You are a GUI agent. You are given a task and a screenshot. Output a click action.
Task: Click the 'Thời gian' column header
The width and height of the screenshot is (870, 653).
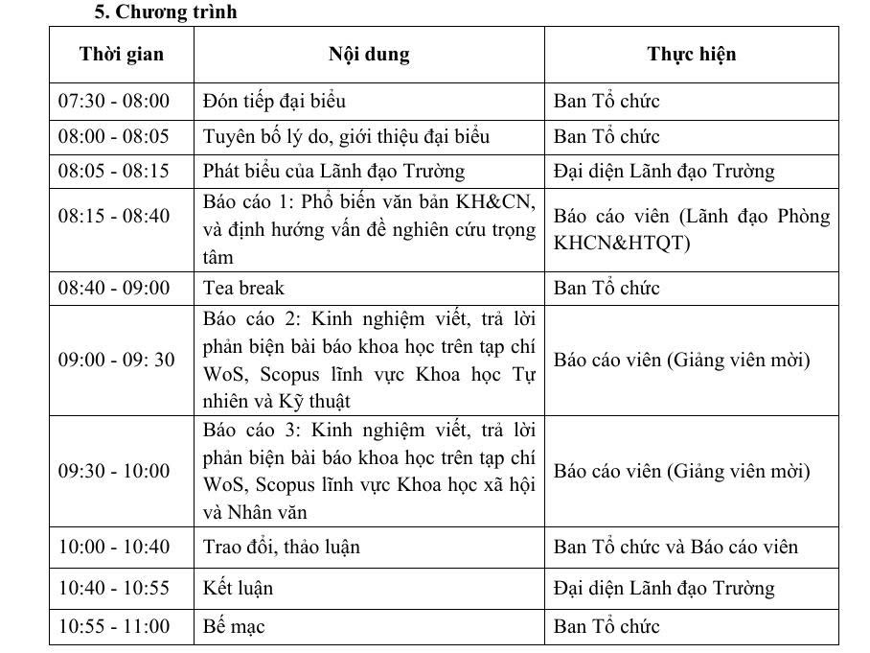pos(122,54)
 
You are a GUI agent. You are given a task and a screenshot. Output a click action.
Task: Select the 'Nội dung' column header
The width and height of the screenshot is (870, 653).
pos(369,54)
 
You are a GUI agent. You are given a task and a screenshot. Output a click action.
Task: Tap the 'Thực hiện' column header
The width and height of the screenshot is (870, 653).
pos(692,54)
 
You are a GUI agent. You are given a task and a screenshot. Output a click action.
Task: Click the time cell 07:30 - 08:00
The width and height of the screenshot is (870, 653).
pos(114,101)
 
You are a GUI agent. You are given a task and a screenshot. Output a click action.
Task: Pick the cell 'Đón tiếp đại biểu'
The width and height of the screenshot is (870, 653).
pos(274,101)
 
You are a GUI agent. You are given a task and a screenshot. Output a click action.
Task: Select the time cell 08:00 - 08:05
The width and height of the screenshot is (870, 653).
pos(114,136)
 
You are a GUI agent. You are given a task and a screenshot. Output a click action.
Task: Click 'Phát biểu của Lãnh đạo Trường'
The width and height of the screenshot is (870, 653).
pos(333,172)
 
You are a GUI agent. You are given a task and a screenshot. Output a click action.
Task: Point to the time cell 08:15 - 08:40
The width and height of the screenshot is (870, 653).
pos(114,216)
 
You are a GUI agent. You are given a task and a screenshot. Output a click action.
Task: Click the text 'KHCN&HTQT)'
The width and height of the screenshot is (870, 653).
pos(621,243)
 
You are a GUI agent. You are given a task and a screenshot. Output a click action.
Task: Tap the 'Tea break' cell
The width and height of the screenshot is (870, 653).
pos(243,288)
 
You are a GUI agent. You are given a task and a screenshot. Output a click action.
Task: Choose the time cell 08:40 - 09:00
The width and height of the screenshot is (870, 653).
pos(114,288)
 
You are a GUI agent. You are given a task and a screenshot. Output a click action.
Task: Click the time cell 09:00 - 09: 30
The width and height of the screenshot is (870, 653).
pos(117,361)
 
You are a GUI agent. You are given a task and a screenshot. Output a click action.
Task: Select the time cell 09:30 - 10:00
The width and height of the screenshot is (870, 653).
pos(114,471)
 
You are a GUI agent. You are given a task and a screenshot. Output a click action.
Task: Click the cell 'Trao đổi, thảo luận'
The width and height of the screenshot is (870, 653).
pos(282,547)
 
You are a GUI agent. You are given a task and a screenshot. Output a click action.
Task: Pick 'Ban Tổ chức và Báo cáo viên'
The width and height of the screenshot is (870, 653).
pos(675,547)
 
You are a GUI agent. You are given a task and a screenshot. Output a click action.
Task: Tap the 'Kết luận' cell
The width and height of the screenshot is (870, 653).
pos(238,588)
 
